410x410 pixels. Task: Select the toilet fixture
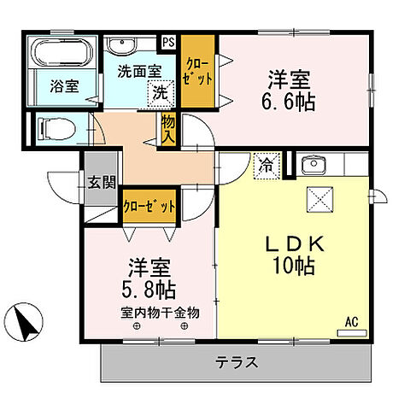pyautogui.click(x=56, y=131)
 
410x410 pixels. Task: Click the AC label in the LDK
pyautogui.click(x=350, y=321)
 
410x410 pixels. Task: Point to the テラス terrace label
pyautogui.click(x=238, y=361)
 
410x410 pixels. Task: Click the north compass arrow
pyautogui.click(x=28, y=322)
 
